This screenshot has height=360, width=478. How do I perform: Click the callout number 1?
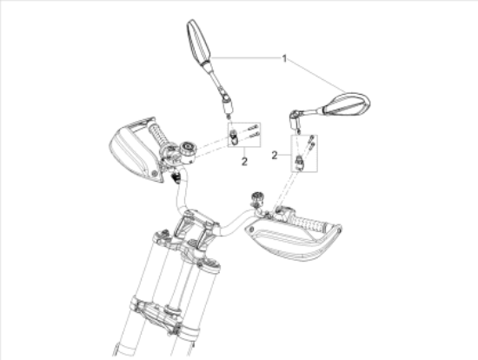tap(283, 58)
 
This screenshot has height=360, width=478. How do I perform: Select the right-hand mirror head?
tap(345, 103)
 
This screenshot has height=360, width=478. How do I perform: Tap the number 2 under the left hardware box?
tap(245, 161)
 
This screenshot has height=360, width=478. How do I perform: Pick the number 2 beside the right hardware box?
tap(275, 155)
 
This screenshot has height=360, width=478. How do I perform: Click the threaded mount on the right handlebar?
tap(257, 198)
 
